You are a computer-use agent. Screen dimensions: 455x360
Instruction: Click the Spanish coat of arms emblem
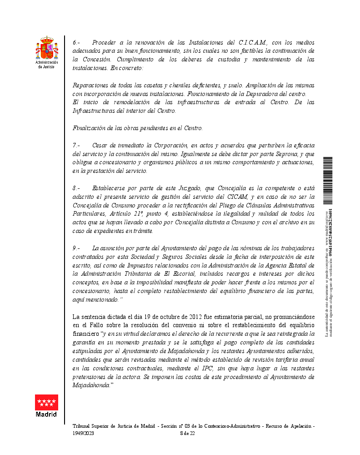click(x=47, y=48)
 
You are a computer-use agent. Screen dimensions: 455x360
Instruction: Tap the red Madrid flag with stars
click(x=47, y=403)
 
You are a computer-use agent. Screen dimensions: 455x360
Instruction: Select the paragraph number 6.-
click(x=77, y=42)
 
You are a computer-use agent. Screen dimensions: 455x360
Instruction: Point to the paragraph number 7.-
click(x=77, y=145)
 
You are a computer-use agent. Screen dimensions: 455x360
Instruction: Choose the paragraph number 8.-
click(x=77, y=188)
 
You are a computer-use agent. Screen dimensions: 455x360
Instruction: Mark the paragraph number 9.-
click(x=77, y=248)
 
